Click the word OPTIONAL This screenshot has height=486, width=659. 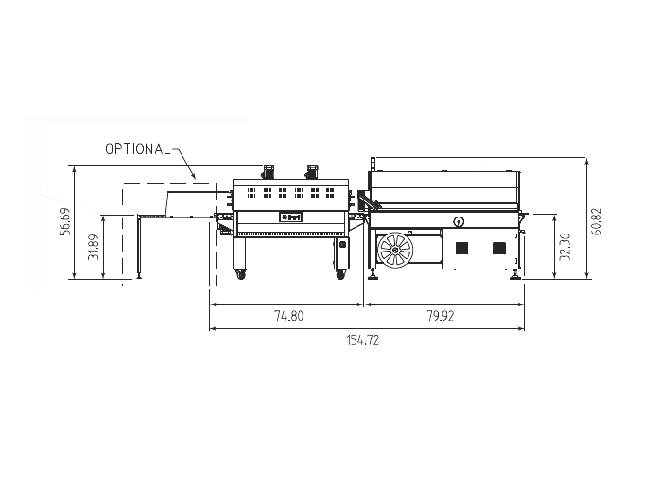click(137, 148)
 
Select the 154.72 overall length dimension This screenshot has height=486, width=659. click(365, 340)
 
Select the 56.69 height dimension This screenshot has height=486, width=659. click(64, 223)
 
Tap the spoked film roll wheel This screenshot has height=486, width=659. click(394, 252)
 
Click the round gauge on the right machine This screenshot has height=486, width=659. click(459, 222)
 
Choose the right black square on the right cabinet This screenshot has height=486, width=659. click(498, 249)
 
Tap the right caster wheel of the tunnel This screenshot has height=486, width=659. click(339, 275)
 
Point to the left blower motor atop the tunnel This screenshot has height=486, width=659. click(268, 171)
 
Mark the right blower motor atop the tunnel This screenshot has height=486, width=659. click(310, 171)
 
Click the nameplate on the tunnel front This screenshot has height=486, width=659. click(288, 217)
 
